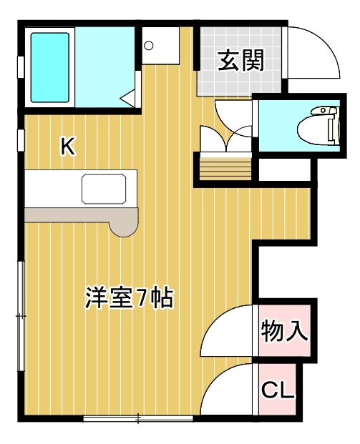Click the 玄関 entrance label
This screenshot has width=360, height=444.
point(240,60)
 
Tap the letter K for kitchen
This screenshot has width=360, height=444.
point(68,146)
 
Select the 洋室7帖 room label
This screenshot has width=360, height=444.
point(129,298)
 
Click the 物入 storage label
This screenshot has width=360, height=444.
point(284,331)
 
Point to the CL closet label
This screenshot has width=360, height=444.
point(277,390)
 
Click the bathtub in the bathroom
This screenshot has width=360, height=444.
point(50,67)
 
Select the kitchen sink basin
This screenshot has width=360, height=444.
point(104,189)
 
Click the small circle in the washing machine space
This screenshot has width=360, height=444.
point(149,45)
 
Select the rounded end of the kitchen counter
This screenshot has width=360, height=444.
point(124,227)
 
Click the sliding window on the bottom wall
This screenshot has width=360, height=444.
point(138,418)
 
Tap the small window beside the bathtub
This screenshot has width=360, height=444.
point(21,67)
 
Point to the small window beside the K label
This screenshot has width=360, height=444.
point(21,140)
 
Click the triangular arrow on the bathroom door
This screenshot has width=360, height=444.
point(127,99)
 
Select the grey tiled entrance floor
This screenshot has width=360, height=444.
point(240,61)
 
